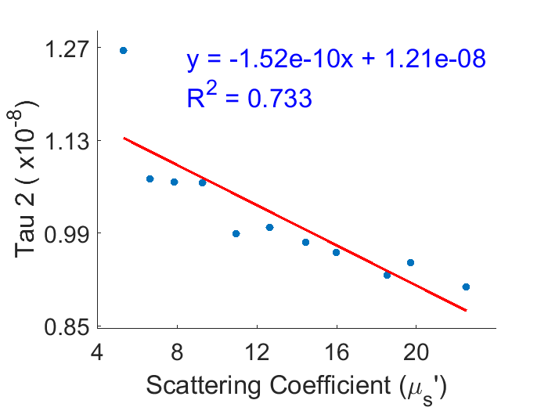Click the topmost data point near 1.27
[x=123, y=50]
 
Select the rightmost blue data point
[x=466, y=287]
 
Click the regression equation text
[x=337, y=59]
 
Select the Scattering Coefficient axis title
[x=296, y=385]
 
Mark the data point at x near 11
[x=236, y=233]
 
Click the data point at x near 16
[x=336, y=252]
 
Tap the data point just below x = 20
[x=410, y=262]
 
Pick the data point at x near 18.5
[x=387, y=275]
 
